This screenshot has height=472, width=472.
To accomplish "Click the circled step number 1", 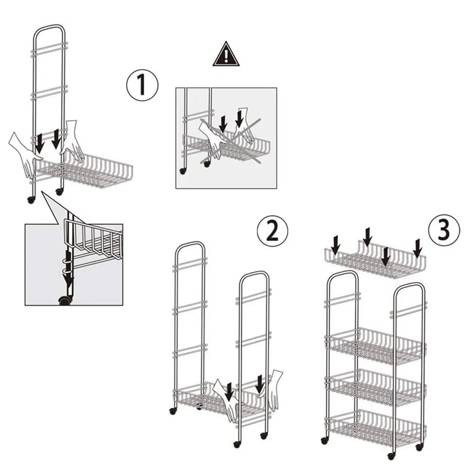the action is pos(142,85).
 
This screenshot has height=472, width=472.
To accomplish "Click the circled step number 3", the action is pos(444,230).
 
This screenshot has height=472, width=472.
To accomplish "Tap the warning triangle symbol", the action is pos(226,54).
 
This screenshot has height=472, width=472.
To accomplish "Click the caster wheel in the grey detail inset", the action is pos(65,301).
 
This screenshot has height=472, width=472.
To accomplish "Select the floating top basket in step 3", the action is pos(375,259).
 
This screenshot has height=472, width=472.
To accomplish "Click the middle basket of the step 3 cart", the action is pos(375,387).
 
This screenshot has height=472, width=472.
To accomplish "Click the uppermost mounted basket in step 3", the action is pos(375,346).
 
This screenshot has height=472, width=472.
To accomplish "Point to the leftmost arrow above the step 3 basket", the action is pos(335,244).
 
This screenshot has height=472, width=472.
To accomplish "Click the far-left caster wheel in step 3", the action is pos(325,441).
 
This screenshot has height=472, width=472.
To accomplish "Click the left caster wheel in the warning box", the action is pos(182,171).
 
